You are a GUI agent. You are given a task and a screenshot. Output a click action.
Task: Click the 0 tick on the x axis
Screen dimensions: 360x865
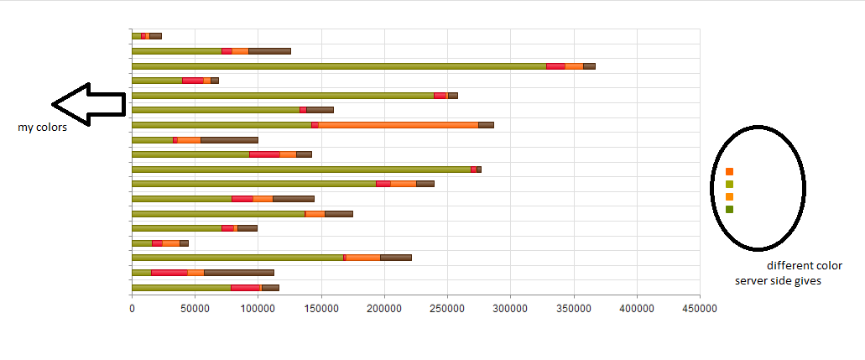pyautogui.click(x=132, y=309)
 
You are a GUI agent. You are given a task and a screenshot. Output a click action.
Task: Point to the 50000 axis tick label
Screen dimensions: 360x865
pyautogui.click(x=195, y=309)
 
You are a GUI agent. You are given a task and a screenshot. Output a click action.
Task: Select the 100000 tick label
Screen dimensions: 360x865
pyautogui.click(x=258, y=309)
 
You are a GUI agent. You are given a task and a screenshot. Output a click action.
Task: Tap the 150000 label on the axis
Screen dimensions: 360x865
pyautogui.click(x=321, y=309)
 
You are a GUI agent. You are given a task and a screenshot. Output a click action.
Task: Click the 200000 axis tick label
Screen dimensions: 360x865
pyautogui.click(x=384, y=309)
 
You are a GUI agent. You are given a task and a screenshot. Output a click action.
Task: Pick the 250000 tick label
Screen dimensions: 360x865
pyautogui.click(x=447, y=309)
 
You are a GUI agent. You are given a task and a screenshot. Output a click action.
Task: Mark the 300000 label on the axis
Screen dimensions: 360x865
pyautogui.click(x=510, y=309)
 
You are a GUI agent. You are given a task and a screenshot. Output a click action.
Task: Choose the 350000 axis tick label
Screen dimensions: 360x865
pyautogui.click(x=573, y=309)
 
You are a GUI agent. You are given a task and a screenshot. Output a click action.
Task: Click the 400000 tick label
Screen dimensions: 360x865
pyautogui.click(x=637, y=309)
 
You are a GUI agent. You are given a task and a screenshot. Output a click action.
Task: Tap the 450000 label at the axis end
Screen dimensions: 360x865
pyautogui.click(x=700, y=309)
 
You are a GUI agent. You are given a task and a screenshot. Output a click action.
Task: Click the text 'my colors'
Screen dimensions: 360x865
pyautogui.click(x=42, y=128)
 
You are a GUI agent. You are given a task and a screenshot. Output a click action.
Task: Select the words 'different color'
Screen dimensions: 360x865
pyautogui.click(x=804, y=266)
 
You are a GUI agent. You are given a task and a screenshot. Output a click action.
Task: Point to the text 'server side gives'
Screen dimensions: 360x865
pyautogui.click(x=778, y=281)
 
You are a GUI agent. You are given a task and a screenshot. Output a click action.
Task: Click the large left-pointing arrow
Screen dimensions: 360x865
pyautogui.click(x=87, y=104)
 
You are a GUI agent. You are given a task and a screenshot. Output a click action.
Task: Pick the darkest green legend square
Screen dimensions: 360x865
pyautogui.click(x=729, y=210)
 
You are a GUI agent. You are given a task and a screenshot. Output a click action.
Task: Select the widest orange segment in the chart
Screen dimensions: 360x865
pyautogui.click(x=398, y=125)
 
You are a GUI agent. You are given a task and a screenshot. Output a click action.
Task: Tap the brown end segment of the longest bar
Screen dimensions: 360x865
pyautogui.click(x=589, y=65)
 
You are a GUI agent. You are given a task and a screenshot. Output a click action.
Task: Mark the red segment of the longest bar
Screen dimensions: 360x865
pyautogui.click(x=555, y=65)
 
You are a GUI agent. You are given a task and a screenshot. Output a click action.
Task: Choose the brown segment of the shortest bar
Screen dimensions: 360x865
pyautogui.click(x=155, y=36)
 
